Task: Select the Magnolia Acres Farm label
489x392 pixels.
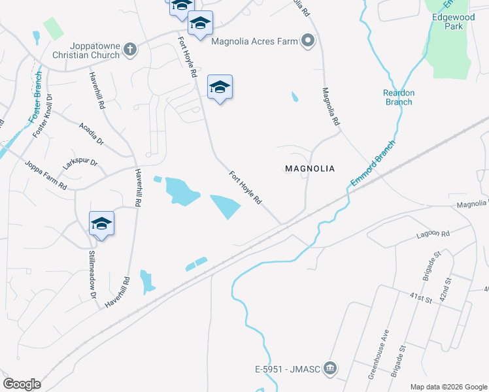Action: [x=254, y=42]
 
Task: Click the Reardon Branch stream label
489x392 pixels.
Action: [x=398, y=97]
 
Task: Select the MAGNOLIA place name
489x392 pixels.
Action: [x=310, y=169]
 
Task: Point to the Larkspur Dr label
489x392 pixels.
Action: [x=80, y=163]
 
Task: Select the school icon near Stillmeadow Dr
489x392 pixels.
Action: [x=101, y=224]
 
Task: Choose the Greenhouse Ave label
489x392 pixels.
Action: [x=379, y=353]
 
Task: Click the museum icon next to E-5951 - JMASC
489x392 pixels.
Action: [x=330, y=368]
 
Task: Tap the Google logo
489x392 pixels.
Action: [x=22, y=384]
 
